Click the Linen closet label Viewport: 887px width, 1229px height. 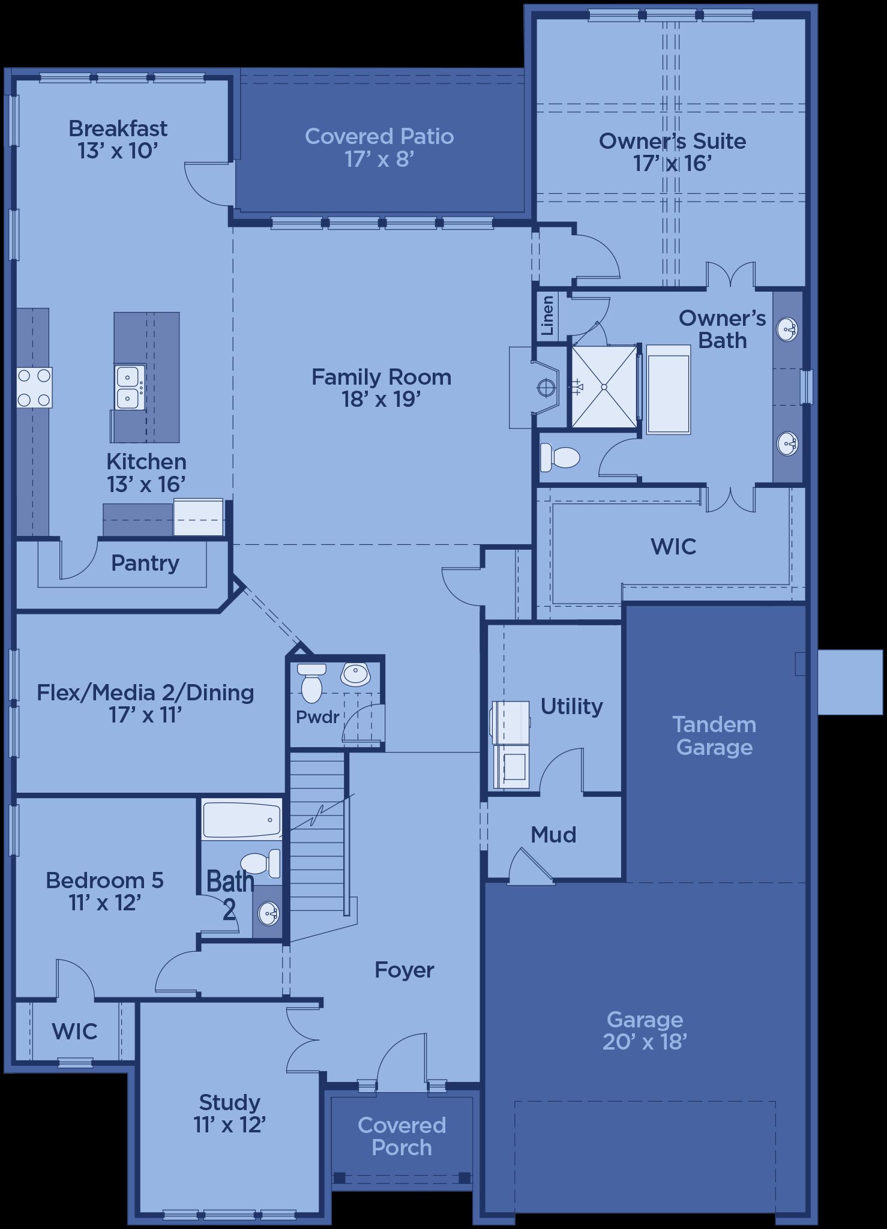point(547,316)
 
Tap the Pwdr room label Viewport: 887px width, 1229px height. point(317,717)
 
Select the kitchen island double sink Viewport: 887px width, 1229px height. point(130,387)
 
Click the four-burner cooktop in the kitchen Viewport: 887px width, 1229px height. point(34,388)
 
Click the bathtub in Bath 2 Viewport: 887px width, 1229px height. point(242,820)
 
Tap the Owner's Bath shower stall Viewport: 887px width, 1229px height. point(604,387)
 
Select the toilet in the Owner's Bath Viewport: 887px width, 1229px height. point(559,458)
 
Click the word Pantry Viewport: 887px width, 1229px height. point(145,563)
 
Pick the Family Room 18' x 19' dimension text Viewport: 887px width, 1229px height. point(381,399)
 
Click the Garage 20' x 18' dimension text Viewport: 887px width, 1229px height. point(645,1042)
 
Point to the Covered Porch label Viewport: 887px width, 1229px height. point(401,1137)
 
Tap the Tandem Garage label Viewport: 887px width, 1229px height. point(714,736)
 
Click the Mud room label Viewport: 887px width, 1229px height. point(553,835)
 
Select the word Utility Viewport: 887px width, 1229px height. point(571,707)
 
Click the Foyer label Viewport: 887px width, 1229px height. point(404,970)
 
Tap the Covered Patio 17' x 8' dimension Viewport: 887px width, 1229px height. point(379,159)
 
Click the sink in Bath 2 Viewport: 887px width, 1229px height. point(268,914)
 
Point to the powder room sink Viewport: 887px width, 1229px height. point(356,674)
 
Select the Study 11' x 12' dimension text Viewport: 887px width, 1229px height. point(229,1125)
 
